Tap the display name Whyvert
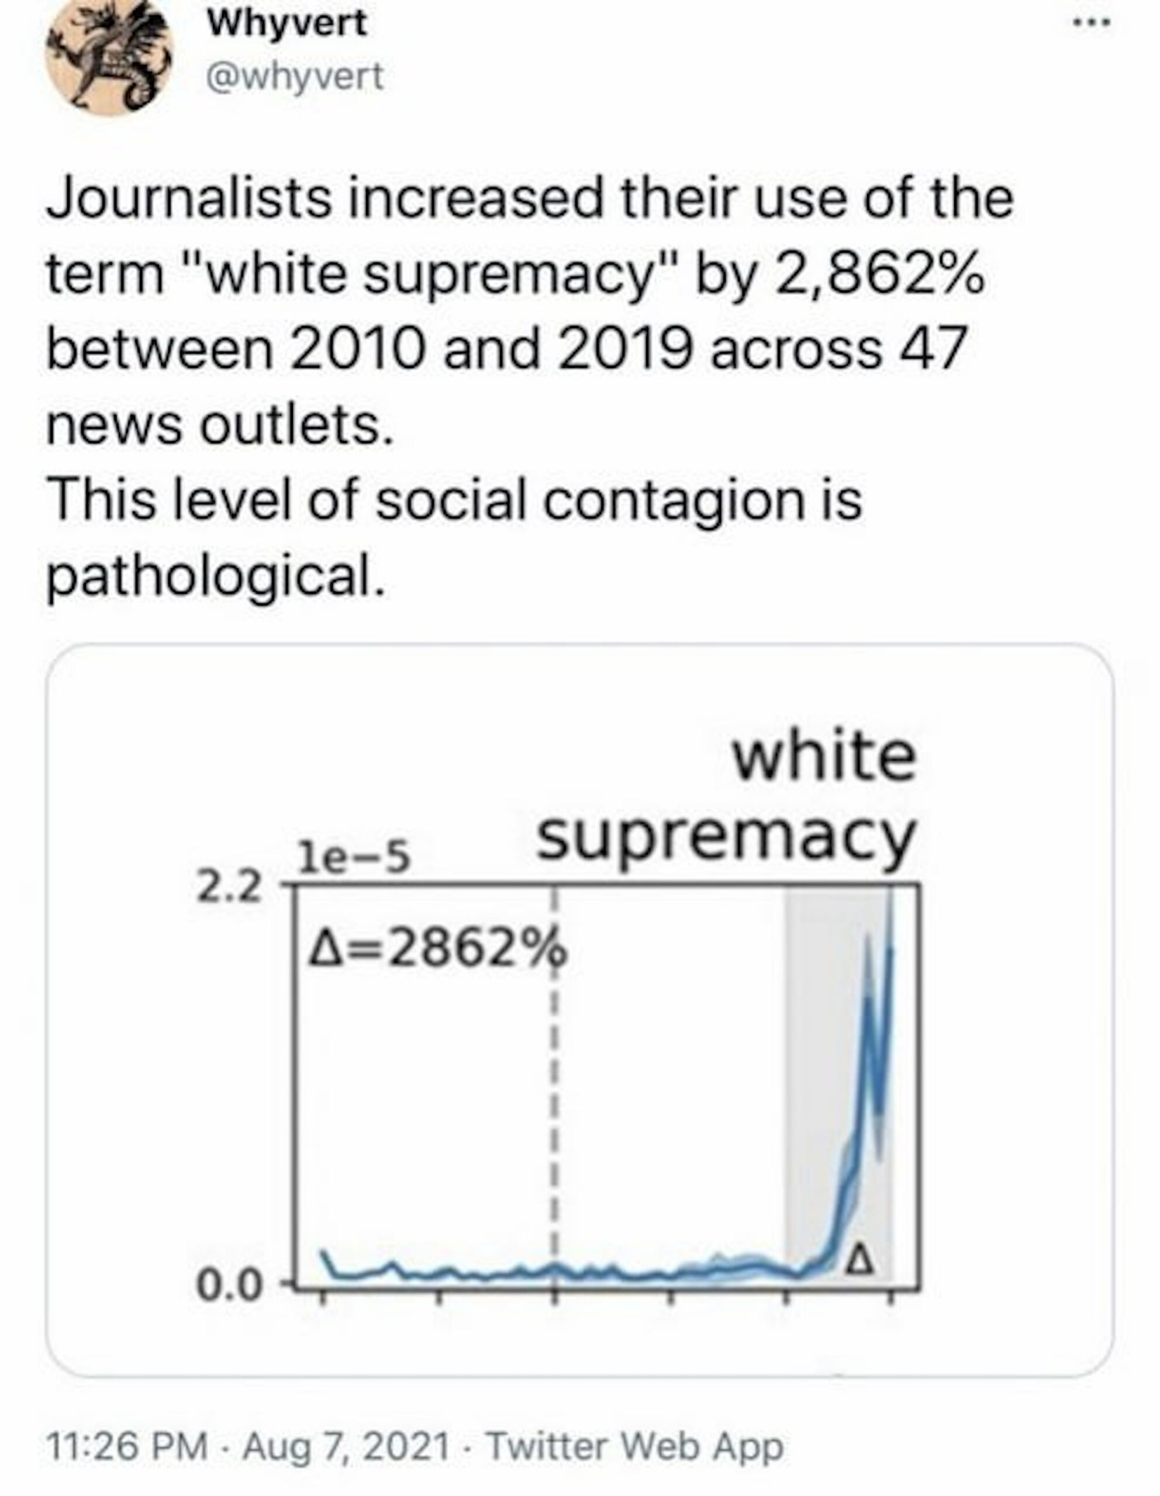pos(287,25)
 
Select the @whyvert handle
pos(295,77)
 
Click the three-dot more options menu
pos(1092,23)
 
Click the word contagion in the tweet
pos(673,500)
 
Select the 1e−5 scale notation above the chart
pos(353,858)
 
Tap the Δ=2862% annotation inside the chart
pos(438,948)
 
